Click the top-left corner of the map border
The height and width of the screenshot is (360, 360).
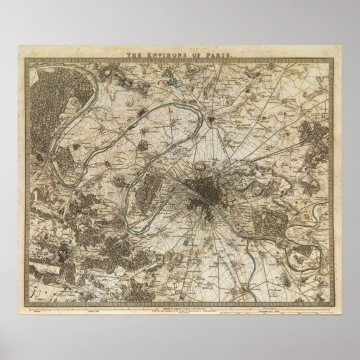tap(26, 59)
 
